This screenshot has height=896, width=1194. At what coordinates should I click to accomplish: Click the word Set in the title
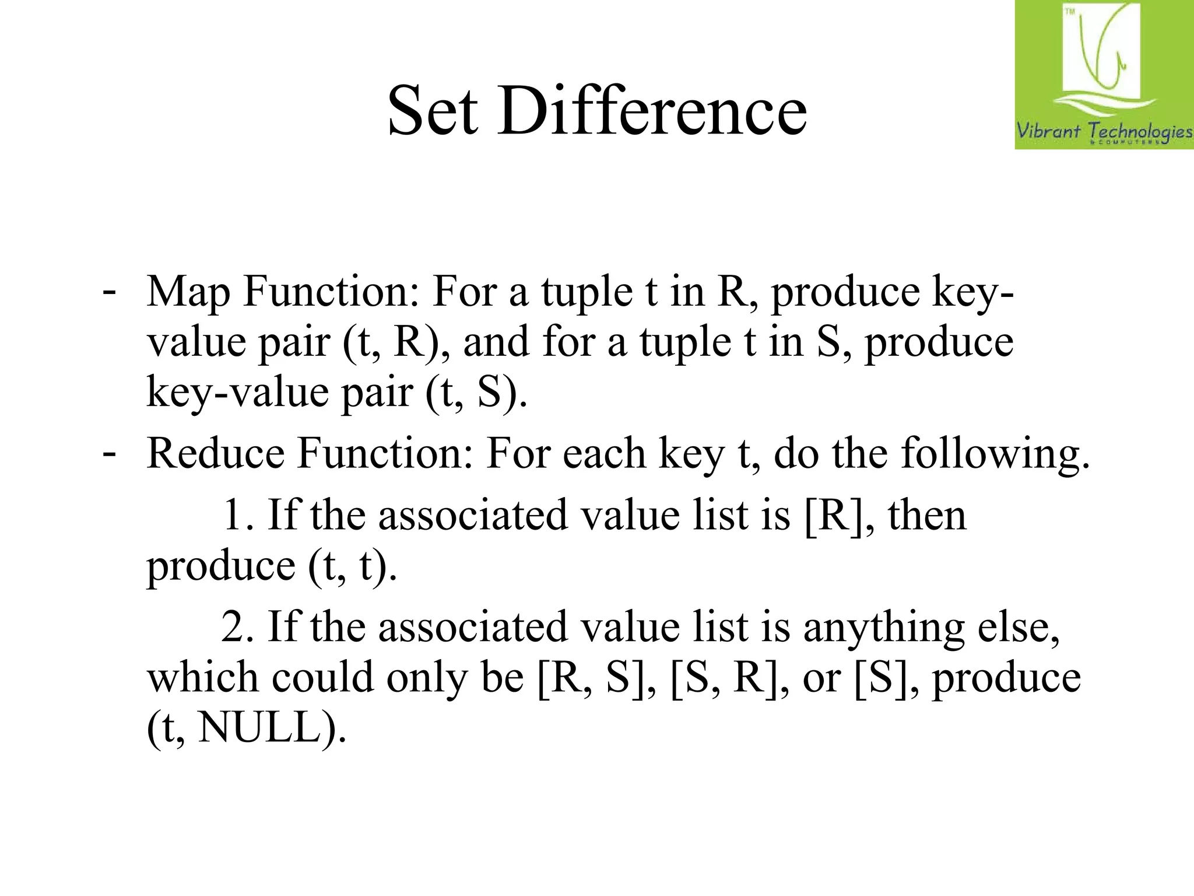tap(433, 110)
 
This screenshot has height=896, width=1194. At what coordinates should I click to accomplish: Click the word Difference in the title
tap(652, 110)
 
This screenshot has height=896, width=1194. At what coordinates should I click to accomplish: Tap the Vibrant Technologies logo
tap(1104, 75)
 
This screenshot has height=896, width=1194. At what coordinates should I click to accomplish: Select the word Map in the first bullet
tap(188, 292)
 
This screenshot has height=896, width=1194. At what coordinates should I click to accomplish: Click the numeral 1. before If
tap(238, 515)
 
